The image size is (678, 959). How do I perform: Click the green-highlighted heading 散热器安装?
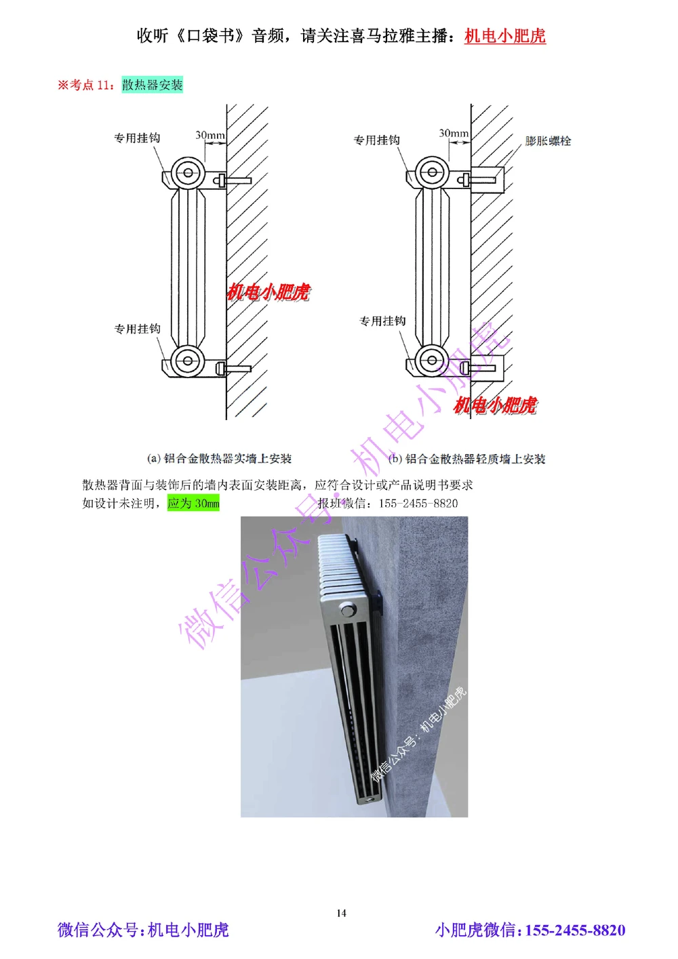153,85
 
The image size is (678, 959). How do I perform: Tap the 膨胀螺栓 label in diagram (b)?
548,141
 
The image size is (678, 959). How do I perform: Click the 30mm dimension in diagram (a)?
210,135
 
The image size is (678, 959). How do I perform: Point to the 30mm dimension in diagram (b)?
454,134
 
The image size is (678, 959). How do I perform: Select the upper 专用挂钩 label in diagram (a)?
137,138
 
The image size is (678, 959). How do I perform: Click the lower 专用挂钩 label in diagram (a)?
137,329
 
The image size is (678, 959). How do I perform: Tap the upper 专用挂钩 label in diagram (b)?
377,140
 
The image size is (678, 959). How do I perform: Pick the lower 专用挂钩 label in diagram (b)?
382,321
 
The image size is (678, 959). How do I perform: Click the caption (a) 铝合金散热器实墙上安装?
219,459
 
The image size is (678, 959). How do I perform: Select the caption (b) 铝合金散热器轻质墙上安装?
467,459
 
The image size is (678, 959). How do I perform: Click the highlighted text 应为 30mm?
193,503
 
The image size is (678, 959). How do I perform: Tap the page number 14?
341,913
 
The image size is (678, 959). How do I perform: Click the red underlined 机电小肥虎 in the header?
505,36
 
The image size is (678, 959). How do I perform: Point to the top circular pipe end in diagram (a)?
188,173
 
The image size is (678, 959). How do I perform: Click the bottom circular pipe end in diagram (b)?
432,360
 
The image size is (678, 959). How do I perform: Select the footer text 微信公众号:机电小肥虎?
143,930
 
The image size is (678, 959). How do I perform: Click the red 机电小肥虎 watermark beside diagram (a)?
268,292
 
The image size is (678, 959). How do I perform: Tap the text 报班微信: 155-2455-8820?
388,503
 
